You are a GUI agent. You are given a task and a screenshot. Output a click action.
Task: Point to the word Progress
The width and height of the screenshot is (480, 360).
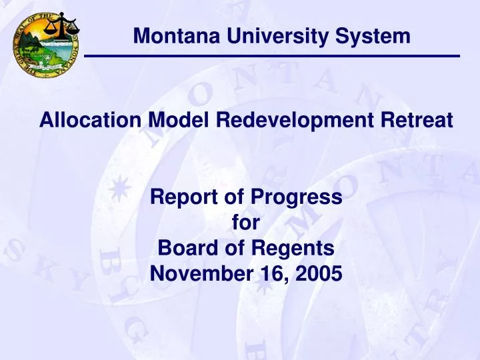[297, 198]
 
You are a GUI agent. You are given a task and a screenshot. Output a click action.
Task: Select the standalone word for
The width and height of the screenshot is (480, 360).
[246, 224]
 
